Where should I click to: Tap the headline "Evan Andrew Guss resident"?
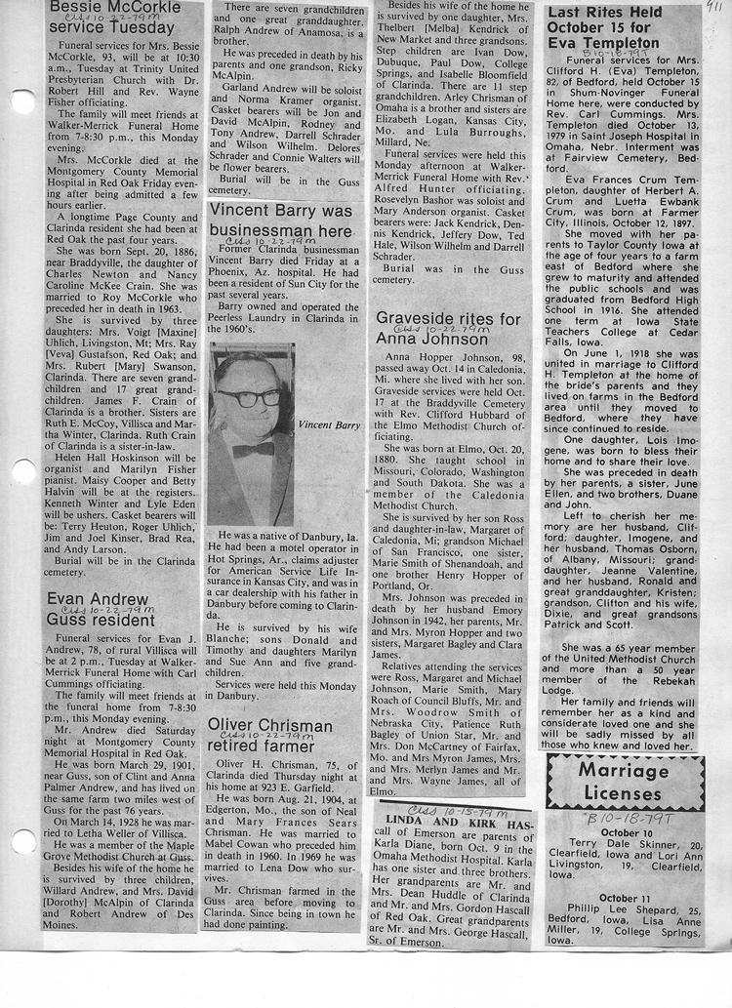pyautogui.click(x=101, y=608)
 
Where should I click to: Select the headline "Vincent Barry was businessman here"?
pyautogui.click(x=280, y=221)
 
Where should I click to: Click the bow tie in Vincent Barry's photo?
pyautogui.click(x=253, y=449)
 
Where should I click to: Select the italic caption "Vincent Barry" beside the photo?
pyautogui.click(x=329, y=424)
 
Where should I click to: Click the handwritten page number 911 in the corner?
pyautogui.click(x=713, y=6)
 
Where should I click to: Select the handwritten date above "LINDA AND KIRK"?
pyautogui.click(x=443, y=811)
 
